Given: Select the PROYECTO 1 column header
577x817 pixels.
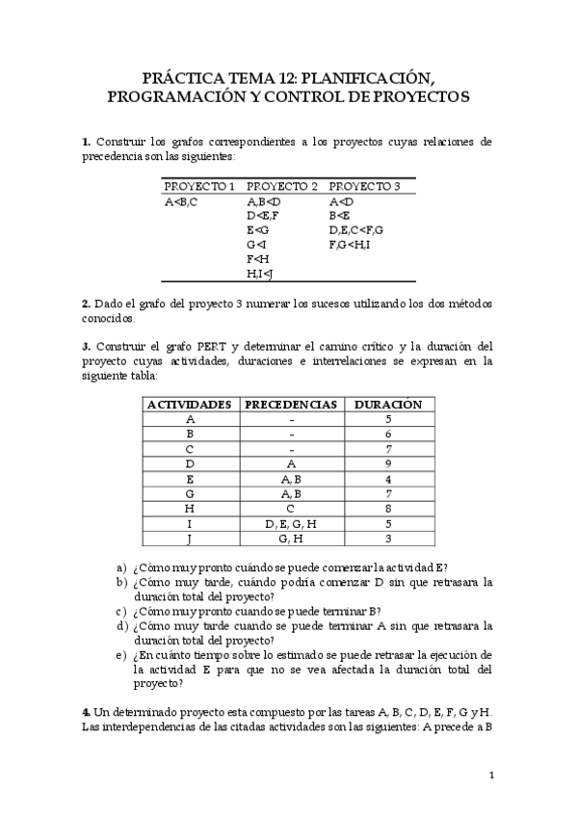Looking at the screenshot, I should tap(199, 186).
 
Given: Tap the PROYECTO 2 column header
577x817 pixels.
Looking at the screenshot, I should tap(282, 186).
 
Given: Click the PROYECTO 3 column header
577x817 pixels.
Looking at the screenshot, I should tap(364, 186).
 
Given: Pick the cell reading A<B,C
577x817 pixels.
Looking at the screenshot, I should tap(181, 201).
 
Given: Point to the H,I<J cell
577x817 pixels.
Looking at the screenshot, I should tap(260, 274).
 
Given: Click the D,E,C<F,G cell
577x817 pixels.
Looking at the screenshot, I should tap(356, 230).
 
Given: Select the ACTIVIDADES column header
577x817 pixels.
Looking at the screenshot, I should tap(190, 405).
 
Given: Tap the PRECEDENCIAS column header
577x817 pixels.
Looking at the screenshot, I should tap(291, 405).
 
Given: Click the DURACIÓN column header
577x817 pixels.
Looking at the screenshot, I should tap(388, 405).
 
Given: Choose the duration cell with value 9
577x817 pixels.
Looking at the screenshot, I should tap(387, 463).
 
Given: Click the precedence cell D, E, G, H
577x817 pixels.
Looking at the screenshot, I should tap(291, 523).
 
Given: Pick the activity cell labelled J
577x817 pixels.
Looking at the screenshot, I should tap(190, 538).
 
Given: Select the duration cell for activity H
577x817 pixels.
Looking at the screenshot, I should tap(387, 508).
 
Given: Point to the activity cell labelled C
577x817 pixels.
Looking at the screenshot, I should tap(190, 449).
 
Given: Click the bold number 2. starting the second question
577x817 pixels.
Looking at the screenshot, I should tap(87, 303).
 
